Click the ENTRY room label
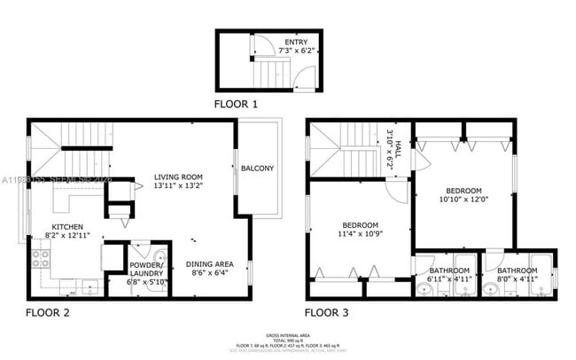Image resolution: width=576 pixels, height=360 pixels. [x=297, y=42]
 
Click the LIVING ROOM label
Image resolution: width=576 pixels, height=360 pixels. [x=178, y=176]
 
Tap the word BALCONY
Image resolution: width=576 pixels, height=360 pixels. [x=258, y=168]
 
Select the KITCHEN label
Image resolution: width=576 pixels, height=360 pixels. [x=67, y=226]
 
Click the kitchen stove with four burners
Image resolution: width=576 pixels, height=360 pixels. [x=41, y=259]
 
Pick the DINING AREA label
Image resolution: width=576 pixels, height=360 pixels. [x=209, y=264]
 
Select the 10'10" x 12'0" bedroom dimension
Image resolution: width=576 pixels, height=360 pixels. [x=463, y=200]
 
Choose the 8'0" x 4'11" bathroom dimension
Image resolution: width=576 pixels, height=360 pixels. [x=517, y=279]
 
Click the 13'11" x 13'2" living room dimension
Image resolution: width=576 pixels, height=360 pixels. [x=178, y=185]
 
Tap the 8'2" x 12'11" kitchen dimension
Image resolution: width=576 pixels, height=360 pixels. [x=67, y=235]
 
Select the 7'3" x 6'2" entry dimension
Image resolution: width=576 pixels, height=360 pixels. [x=297, y=51]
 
